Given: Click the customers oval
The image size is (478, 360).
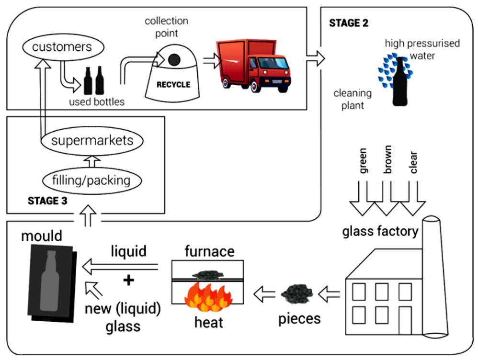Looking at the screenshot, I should coord(62,47).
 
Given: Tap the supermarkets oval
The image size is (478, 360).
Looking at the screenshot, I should coord(92,141).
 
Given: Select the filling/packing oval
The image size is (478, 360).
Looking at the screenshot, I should coord(92,181).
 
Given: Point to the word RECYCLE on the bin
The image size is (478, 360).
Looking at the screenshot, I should coord(173,85).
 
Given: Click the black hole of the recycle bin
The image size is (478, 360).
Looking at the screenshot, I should coord(174,59).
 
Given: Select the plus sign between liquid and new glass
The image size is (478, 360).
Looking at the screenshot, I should coord(128,281).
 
